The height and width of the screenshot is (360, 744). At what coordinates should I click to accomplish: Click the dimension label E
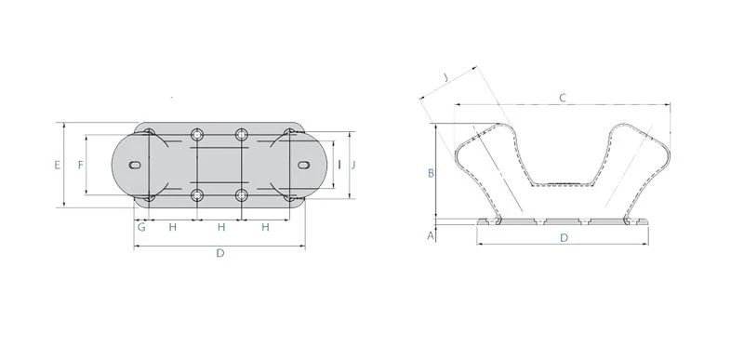(58, 165)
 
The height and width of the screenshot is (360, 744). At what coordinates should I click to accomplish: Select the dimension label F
(81, 165)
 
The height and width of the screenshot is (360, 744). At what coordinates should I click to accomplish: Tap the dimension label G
(141, 227)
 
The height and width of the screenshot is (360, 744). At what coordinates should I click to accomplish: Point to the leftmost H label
(173, 227)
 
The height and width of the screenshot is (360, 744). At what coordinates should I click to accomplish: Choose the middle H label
(221, 227)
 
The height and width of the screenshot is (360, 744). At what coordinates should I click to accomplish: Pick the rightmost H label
(265, 227)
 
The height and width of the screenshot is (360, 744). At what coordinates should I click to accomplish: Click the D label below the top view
(220, 253)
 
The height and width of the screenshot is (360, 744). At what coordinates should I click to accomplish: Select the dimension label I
(339, 165)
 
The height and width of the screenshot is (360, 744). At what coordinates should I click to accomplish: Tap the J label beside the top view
(353, 165)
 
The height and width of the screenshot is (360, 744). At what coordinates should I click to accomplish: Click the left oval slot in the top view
(135, 165)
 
